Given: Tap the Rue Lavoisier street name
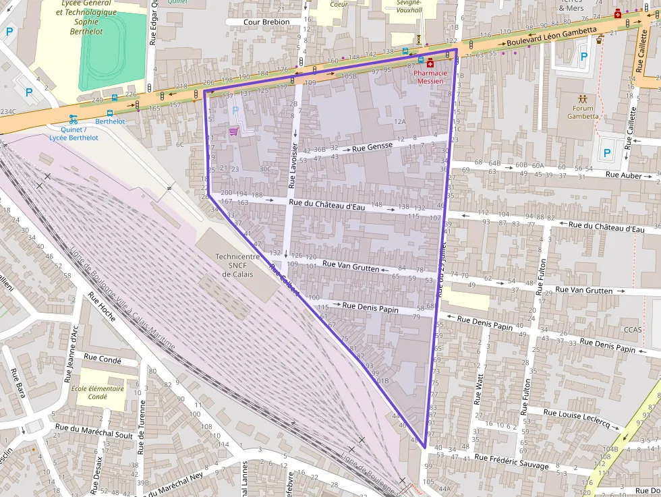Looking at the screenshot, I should [x=293, y=165].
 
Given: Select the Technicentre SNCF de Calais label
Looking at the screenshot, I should [x=236, y=265].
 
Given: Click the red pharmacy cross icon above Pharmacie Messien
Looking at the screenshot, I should [x=430, y=63].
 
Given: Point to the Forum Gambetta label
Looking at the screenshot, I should [x=583, y=112].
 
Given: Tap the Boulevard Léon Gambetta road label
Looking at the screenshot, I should [x=552, y=36].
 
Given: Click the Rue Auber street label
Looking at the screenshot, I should [x=624, y=175].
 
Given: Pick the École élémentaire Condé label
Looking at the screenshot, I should [x=98, y=392].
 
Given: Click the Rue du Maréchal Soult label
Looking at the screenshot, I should [x=94, y=432].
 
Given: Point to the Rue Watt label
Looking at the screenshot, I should [x=480, y=390].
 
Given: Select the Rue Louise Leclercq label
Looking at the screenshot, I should [x=576, y=419].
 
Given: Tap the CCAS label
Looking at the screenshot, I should [x=633, y=330].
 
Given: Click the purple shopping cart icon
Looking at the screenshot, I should [x=234, y=131].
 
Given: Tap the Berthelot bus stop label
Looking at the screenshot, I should [x=110, y=121].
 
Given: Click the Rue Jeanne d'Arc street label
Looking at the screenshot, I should [x=71, y=354].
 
